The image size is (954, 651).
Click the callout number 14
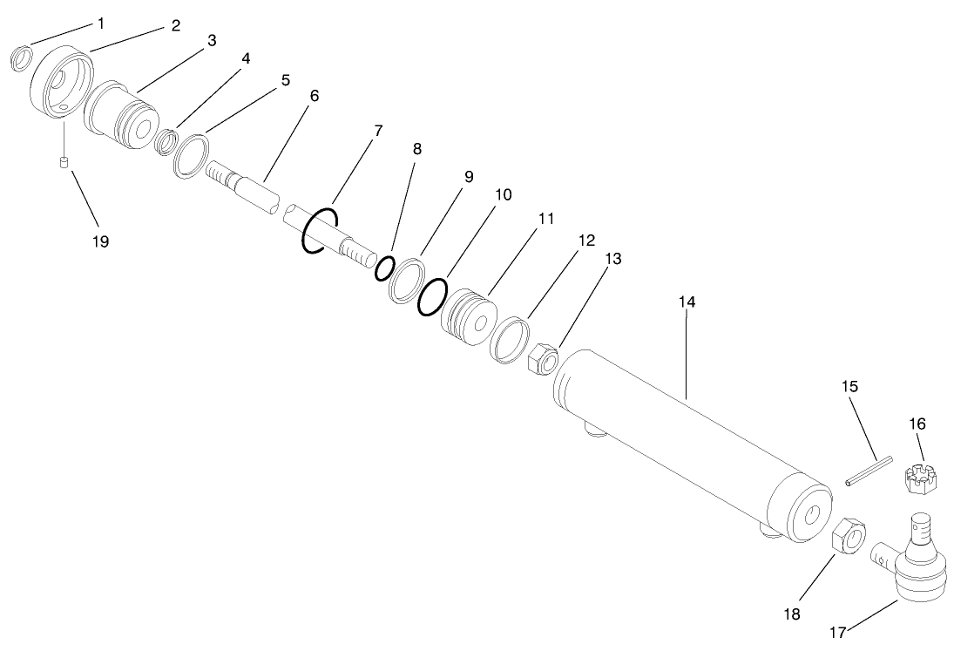(x=687, y=302)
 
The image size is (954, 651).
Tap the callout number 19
(x=101, y=241)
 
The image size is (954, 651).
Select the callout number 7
(x=378, y=131)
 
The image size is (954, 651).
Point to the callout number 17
(x=836, y=634)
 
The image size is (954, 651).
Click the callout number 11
(x=545, y=218)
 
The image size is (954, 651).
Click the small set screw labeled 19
(x=64, y=163)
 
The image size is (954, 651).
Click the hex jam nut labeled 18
(x=848, y=532)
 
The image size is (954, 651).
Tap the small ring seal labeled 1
(x=22, y=58)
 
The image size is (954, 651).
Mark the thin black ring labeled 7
(x=319, y=231)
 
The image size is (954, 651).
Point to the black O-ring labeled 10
(x=432, y=296)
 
